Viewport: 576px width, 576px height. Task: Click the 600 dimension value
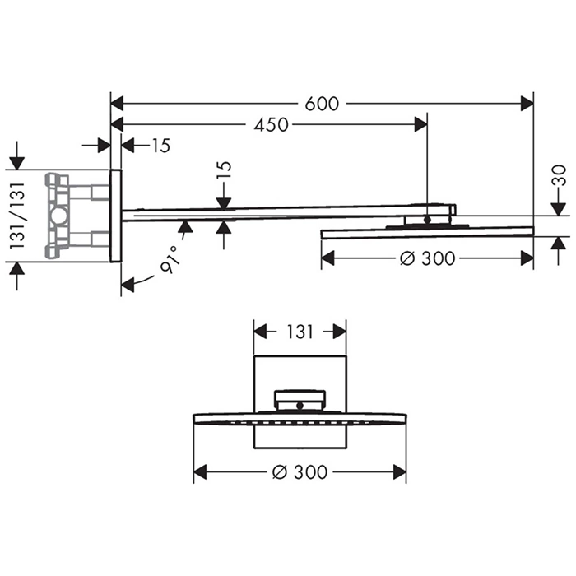(x=322, y=104)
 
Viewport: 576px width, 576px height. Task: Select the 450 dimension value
(x=271, y=125)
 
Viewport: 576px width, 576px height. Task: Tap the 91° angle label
(x=171, y=258)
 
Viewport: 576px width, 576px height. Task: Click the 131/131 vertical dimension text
(x=17, y=216)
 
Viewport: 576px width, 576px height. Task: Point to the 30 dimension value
(x=559, y=175)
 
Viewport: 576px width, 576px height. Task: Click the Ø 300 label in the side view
(x=428, y=258)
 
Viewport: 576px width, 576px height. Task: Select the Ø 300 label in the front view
(x=300, y=472)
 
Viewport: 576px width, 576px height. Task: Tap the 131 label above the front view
(x=300, y=332)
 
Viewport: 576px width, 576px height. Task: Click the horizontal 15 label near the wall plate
(x=161, y=146)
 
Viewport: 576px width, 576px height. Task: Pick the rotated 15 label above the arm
(x=225, y=170)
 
